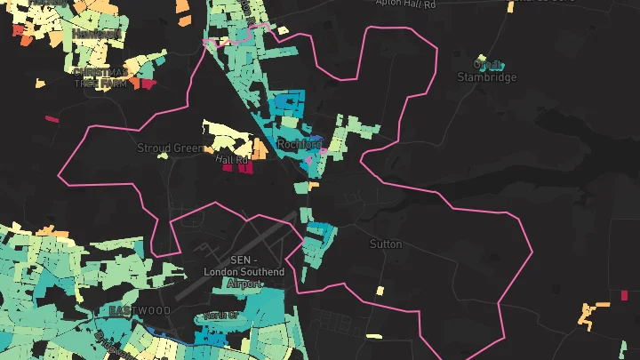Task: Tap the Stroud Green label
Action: [171, 148]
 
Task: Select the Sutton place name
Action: [386, 244]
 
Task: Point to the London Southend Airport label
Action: [244, 271]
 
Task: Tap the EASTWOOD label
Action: [140, 310]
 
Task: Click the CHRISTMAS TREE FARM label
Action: [100, 77]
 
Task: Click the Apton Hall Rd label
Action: [406, 4]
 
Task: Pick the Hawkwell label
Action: [96, 33]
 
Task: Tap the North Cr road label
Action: [220, 316]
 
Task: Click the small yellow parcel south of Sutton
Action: [380, 291]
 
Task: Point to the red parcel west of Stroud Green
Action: [52, 118]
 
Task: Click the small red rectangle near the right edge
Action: [624, 294]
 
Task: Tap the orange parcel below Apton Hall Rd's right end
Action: [510, 7]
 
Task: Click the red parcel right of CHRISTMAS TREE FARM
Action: [144, 84]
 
